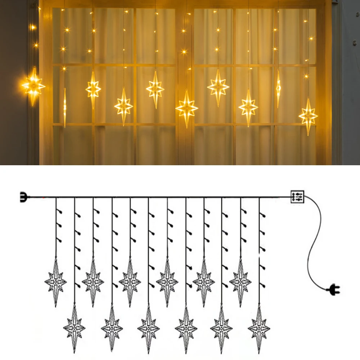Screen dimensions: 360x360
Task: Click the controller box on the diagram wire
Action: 297,197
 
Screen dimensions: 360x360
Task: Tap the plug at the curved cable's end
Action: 333,288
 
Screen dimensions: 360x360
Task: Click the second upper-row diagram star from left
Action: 93,281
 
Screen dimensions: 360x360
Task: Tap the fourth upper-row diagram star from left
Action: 167,281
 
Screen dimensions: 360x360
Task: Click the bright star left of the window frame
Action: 33,86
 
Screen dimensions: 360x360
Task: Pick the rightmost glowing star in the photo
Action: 308,116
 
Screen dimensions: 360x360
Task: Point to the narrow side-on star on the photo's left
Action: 65,107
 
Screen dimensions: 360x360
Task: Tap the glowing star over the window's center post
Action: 186,108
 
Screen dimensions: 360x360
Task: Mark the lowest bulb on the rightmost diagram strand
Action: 263,285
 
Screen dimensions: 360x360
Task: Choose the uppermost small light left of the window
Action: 33,27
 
